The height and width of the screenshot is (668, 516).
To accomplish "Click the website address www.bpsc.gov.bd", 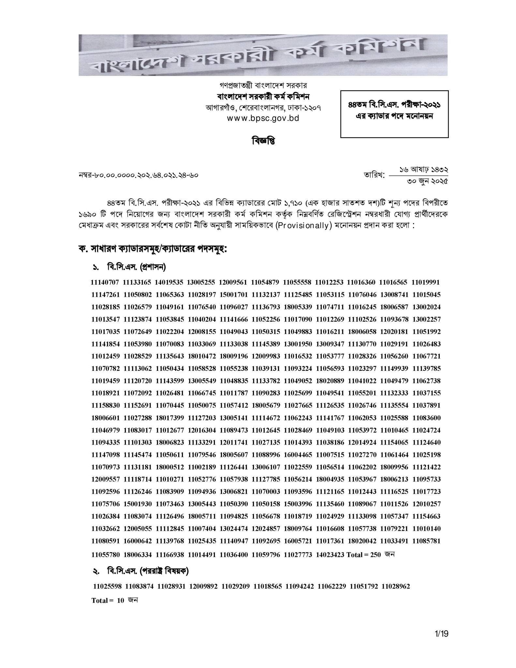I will [x=263, y=118].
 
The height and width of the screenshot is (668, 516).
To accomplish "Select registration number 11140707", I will [x=105, y=282].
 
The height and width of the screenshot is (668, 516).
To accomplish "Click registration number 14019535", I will [x=170, y=282].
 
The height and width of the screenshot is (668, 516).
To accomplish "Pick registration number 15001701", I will [x=234, y=295].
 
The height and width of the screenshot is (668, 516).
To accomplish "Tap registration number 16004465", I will [x=298, y=454].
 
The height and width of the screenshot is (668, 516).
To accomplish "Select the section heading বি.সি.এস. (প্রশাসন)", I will [x=136, y=267].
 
